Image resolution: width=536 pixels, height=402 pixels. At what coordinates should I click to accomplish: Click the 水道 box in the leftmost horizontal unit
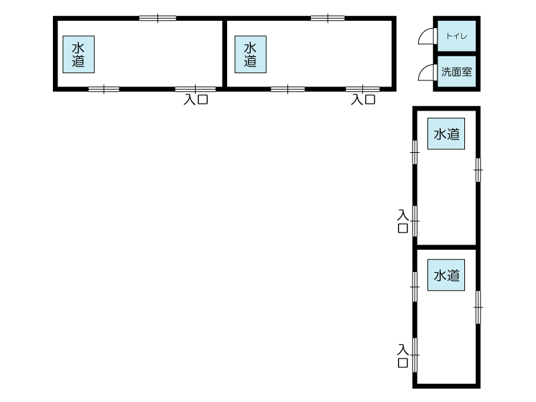coord(78,54)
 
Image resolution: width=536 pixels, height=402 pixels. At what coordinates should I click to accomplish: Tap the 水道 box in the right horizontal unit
coord(251,54)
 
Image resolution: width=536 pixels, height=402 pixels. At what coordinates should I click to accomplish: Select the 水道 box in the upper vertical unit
coord(446,133)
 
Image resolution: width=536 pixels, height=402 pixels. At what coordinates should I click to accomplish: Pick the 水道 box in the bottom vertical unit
coord(446,275)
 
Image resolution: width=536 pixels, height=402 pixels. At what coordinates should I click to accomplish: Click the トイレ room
coord(457,36)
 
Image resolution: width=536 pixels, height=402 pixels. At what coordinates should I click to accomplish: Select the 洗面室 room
coord(457,72)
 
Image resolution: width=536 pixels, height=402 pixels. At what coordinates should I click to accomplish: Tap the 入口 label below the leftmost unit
coord(196,99)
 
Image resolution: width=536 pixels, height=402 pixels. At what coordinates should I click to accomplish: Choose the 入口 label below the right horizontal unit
coord(363,99)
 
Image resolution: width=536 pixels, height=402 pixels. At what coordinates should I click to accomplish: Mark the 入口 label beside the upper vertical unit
coord(403,221)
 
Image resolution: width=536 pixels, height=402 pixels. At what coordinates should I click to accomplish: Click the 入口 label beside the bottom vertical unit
coord(403,356)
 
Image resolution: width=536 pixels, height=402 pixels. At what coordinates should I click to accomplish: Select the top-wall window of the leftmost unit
coord(157,18)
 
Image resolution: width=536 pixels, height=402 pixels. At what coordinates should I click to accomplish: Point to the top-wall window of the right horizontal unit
coord(328,18)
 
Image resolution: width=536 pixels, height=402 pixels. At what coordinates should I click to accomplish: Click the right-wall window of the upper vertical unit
coord(478,170)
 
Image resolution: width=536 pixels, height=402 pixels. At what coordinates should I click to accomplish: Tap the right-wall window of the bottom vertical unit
coord(478,307)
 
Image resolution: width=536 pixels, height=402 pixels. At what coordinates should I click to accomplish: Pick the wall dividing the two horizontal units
coord(224,54)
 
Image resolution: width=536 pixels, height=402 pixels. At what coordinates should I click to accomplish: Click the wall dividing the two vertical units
coord(446,247)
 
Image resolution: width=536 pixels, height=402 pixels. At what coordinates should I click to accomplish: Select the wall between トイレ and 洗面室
coord(457,54)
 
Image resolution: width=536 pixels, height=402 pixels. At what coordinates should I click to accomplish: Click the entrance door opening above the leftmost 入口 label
coord(195,89)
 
